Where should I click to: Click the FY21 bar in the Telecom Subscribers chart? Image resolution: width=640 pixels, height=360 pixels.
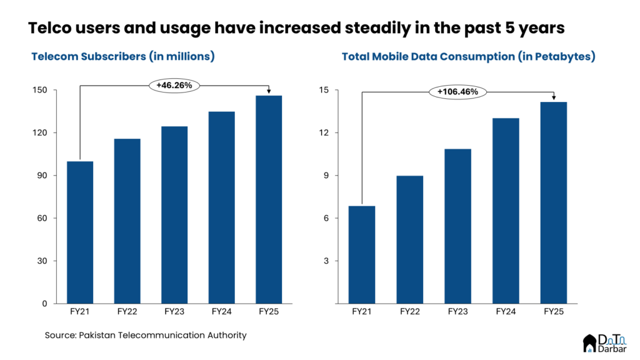tap(80, 232)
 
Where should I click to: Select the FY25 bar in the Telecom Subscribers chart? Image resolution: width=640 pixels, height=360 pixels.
tap(269, 199)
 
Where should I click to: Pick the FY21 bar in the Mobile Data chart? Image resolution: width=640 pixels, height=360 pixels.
tap(362, 254)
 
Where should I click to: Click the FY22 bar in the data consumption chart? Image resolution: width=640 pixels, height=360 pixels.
tap(410, 239)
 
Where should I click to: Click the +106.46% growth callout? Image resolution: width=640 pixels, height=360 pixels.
tap(457, 92)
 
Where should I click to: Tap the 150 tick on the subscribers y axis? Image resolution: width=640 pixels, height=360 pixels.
tap(41, 90)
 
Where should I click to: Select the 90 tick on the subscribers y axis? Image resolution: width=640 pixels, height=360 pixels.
tap(42, 176)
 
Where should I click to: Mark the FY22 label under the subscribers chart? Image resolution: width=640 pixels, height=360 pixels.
tap(127, 311)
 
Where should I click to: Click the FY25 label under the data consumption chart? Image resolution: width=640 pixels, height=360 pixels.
tap(554, 311)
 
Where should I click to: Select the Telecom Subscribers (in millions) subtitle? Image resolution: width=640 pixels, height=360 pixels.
tap(123, 56)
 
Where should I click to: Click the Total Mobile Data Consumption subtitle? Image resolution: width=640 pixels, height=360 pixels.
tap(468, 56)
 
